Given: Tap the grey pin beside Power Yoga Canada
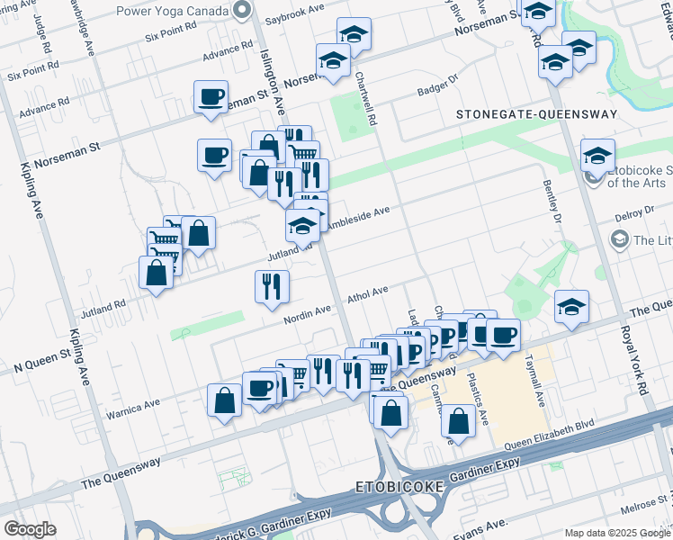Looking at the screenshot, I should (240, 11).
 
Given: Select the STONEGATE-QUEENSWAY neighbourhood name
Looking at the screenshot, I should (536, 114).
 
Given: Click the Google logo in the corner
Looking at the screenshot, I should (30, 529).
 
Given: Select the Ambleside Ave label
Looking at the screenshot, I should (358, 217).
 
